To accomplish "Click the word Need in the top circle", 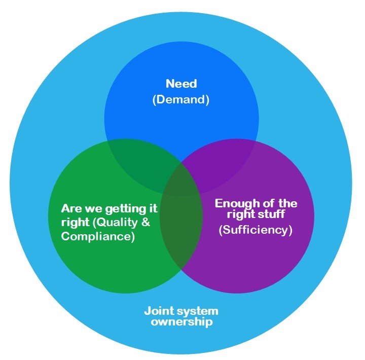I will (181, 84).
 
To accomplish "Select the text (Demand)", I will (181, 99).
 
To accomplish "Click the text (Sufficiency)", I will (255, 230).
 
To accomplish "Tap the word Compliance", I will (98, 236).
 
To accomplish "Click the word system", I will (200, 310).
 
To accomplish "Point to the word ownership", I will (181, 321).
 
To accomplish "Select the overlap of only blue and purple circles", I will (223, 157).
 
